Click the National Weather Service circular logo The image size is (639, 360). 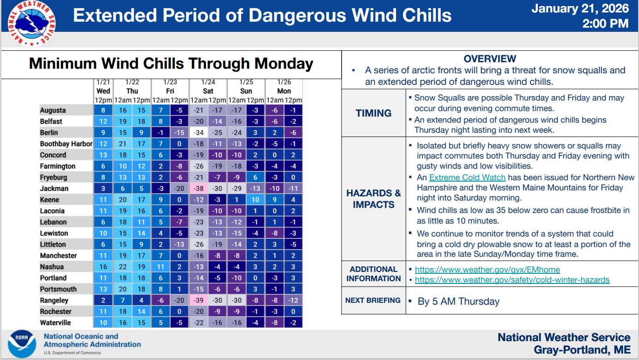32,24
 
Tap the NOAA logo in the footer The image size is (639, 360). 22,344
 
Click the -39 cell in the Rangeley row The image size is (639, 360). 199,300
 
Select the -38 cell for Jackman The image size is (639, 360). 199,188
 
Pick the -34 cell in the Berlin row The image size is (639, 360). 199,132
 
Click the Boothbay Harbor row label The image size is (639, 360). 66,144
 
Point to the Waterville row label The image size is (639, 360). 55,323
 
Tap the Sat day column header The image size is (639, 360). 208,91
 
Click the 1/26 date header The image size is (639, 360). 284,82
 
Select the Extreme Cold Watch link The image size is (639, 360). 467,177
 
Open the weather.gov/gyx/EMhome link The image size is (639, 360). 487,270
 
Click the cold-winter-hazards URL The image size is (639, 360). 512,280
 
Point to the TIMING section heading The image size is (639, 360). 373,113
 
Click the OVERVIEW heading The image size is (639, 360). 490,59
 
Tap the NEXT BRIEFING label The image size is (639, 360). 373,301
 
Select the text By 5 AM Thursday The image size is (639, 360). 459,301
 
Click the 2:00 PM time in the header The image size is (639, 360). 605,24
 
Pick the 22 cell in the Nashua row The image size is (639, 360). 123,267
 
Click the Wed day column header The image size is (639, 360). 103,91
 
